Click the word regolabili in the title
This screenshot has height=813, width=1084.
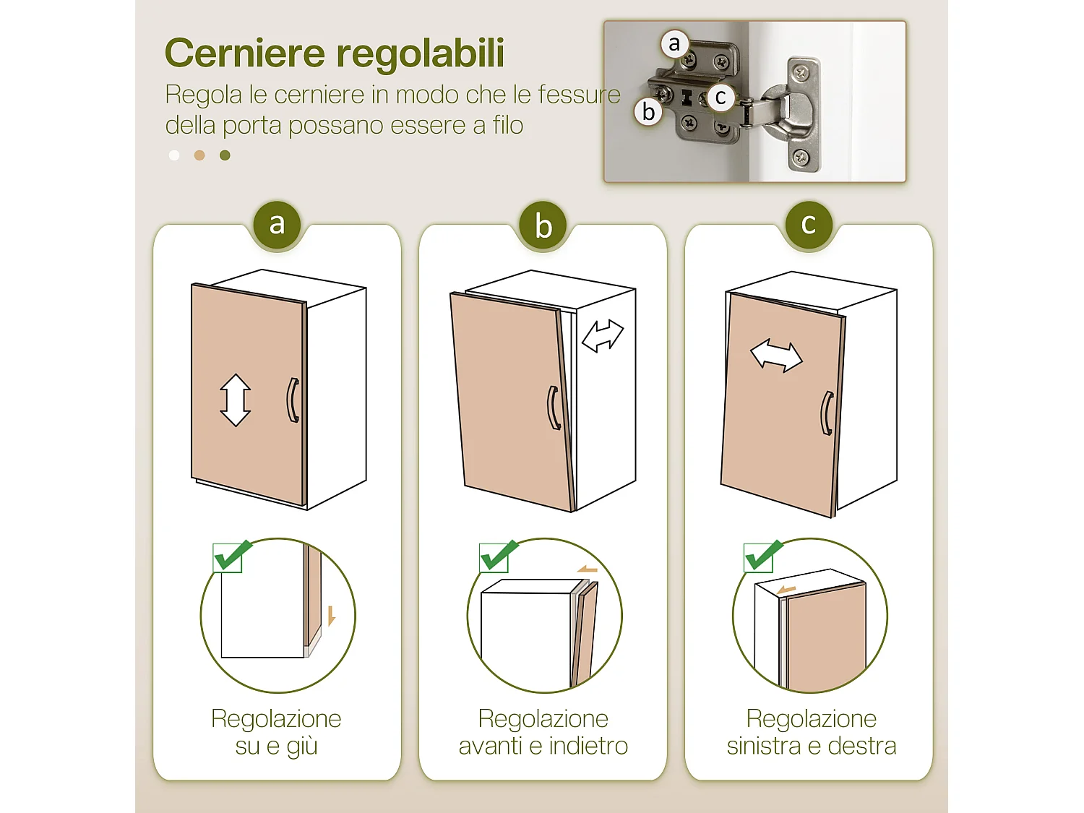(420, 53)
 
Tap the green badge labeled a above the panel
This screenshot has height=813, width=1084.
(277, 224)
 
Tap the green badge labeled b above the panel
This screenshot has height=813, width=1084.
(543, 225)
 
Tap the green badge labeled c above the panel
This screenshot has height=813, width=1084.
(809, 224)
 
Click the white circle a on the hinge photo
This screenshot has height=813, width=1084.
(674, 44)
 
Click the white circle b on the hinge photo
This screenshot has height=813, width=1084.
(648, 112)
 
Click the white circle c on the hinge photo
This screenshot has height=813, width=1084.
(720, 97)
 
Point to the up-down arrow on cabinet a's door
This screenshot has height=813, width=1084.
(236, 400)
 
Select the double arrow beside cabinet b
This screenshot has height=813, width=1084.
(602, 336)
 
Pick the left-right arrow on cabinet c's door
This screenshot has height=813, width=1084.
(776, 356)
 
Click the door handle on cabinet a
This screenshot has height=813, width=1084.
(293, 400)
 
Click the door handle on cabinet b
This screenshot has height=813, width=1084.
(554, 408)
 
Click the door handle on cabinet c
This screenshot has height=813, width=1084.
(827, 413)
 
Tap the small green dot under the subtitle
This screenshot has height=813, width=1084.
(225, 155)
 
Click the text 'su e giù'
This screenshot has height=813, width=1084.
(276, 746)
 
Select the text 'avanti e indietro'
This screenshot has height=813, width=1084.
(543, 746)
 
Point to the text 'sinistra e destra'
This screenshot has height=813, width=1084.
(811, 746)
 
